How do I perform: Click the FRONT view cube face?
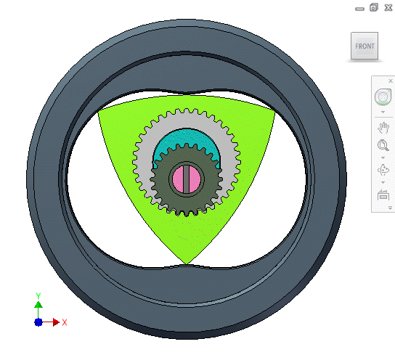365,46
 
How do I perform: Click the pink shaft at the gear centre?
180,179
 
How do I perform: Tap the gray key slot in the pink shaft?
186,179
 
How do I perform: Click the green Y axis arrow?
38,298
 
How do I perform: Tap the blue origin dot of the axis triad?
38,322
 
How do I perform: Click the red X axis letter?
65,322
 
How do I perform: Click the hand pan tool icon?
383,128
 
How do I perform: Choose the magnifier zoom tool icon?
382,146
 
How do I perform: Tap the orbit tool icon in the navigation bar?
382,171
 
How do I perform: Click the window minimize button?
359,8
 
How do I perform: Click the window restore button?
373,7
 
